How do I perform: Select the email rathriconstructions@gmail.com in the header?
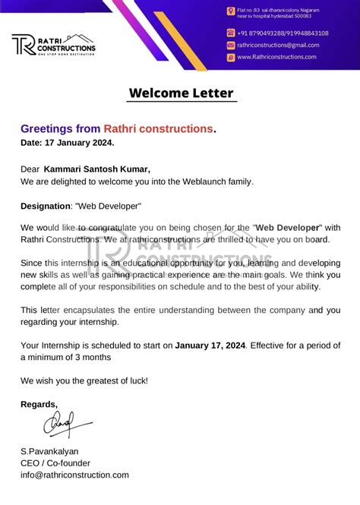(x=278, y=45)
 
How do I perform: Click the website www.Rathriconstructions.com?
(x=276, y=57)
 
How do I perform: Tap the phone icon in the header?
(x=230, y=33)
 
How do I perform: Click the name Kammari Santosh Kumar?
(x=97, y=169)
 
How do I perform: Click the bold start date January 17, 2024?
(x=210, y=345)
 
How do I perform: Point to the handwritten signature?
(x=65, y=424)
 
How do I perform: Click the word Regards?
(x=39, y=404)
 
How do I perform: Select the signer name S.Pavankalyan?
(x=49, y=451)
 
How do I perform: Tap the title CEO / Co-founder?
(x=55, y=462)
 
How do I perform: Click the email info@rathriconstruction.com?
(x=74, y=475)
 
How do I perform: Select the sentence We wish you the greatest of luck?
(x=84, y=380)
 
